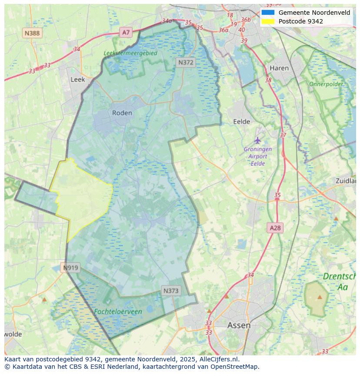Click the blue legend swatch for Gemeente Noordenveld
tap(268, 13)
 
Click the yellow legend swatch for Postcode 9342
tap(268, 21)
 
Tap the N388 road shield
tap(32, 33)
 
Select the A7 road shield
tap(126, 32)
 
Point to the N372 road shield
tap(186, 63)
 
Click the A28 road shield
tap(275, 228)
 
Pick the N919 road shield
tap(70, 268)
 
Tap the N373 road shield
tap(171, 291)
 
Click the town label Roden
tap(122, 113)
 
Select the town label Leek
tap(78, 79)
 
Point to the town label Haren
tap(279, 68)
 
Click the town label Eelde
tap(241, 122)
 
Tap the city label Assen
tap(239, 325)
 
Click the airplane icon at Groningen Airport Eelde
tap(258, 140)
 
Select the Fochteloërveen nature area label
tap(118, 312)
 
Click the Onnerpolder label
tap(326, 84)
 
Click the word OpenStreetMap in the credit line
tap(234, 367)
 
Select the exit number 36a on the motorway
tap(223, 30)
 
